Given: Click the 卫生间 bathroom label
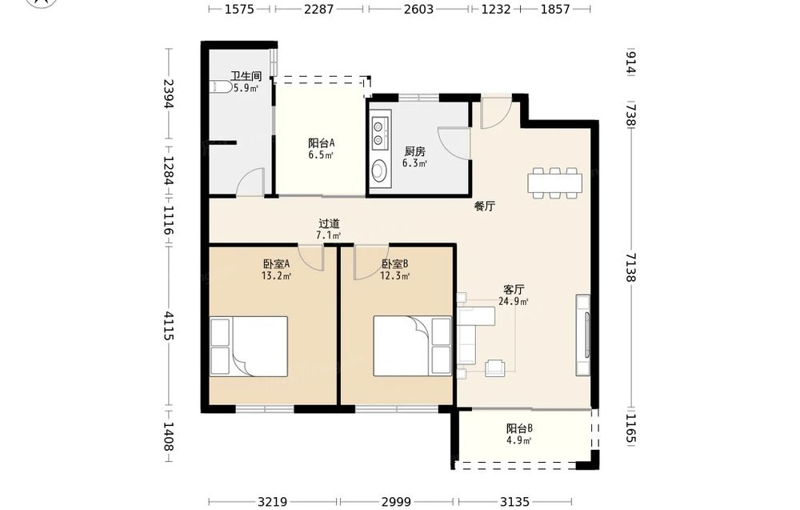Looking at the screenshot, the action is click(246, 77).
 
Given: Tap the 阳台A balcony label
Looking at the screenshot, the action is click(322, 143).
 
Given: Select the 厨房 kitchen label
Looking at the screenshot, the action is click(414, 151).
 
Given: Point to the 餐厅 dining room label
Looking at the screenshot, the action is click(485, 207).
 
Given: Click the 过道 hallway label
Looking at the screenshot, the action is click(329, 223).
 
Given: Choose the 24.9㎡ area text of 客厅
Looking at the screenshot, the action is click(514, 301).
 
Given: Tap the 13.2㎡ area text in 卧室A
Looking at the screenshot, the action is click(277, 276).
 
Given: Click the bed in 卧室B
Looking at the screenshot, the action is click(412, 346).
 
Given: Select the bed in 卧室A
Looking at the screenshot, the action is click(249, 346).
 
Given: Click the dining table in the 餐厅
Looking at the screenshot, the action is click(554, 183).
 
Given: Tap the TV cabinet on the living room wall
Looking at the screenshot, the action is click(583, 335).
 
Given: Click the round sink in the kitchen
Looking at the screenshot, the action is click(379, 171).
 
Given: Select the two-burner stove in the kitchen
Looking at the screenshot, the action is click(379, 133).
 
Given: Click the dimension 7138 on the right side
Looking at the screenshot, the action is click(631, 267).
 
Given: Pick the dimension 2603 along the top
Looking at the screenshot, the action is click(418, 9).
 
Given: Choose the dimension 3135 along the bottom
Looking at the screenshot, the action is click(514, 502).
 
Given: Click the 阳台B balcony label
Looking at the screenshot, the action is click(520, 429).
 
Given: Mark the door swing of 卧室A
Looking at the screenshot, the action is click(311, 258).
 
